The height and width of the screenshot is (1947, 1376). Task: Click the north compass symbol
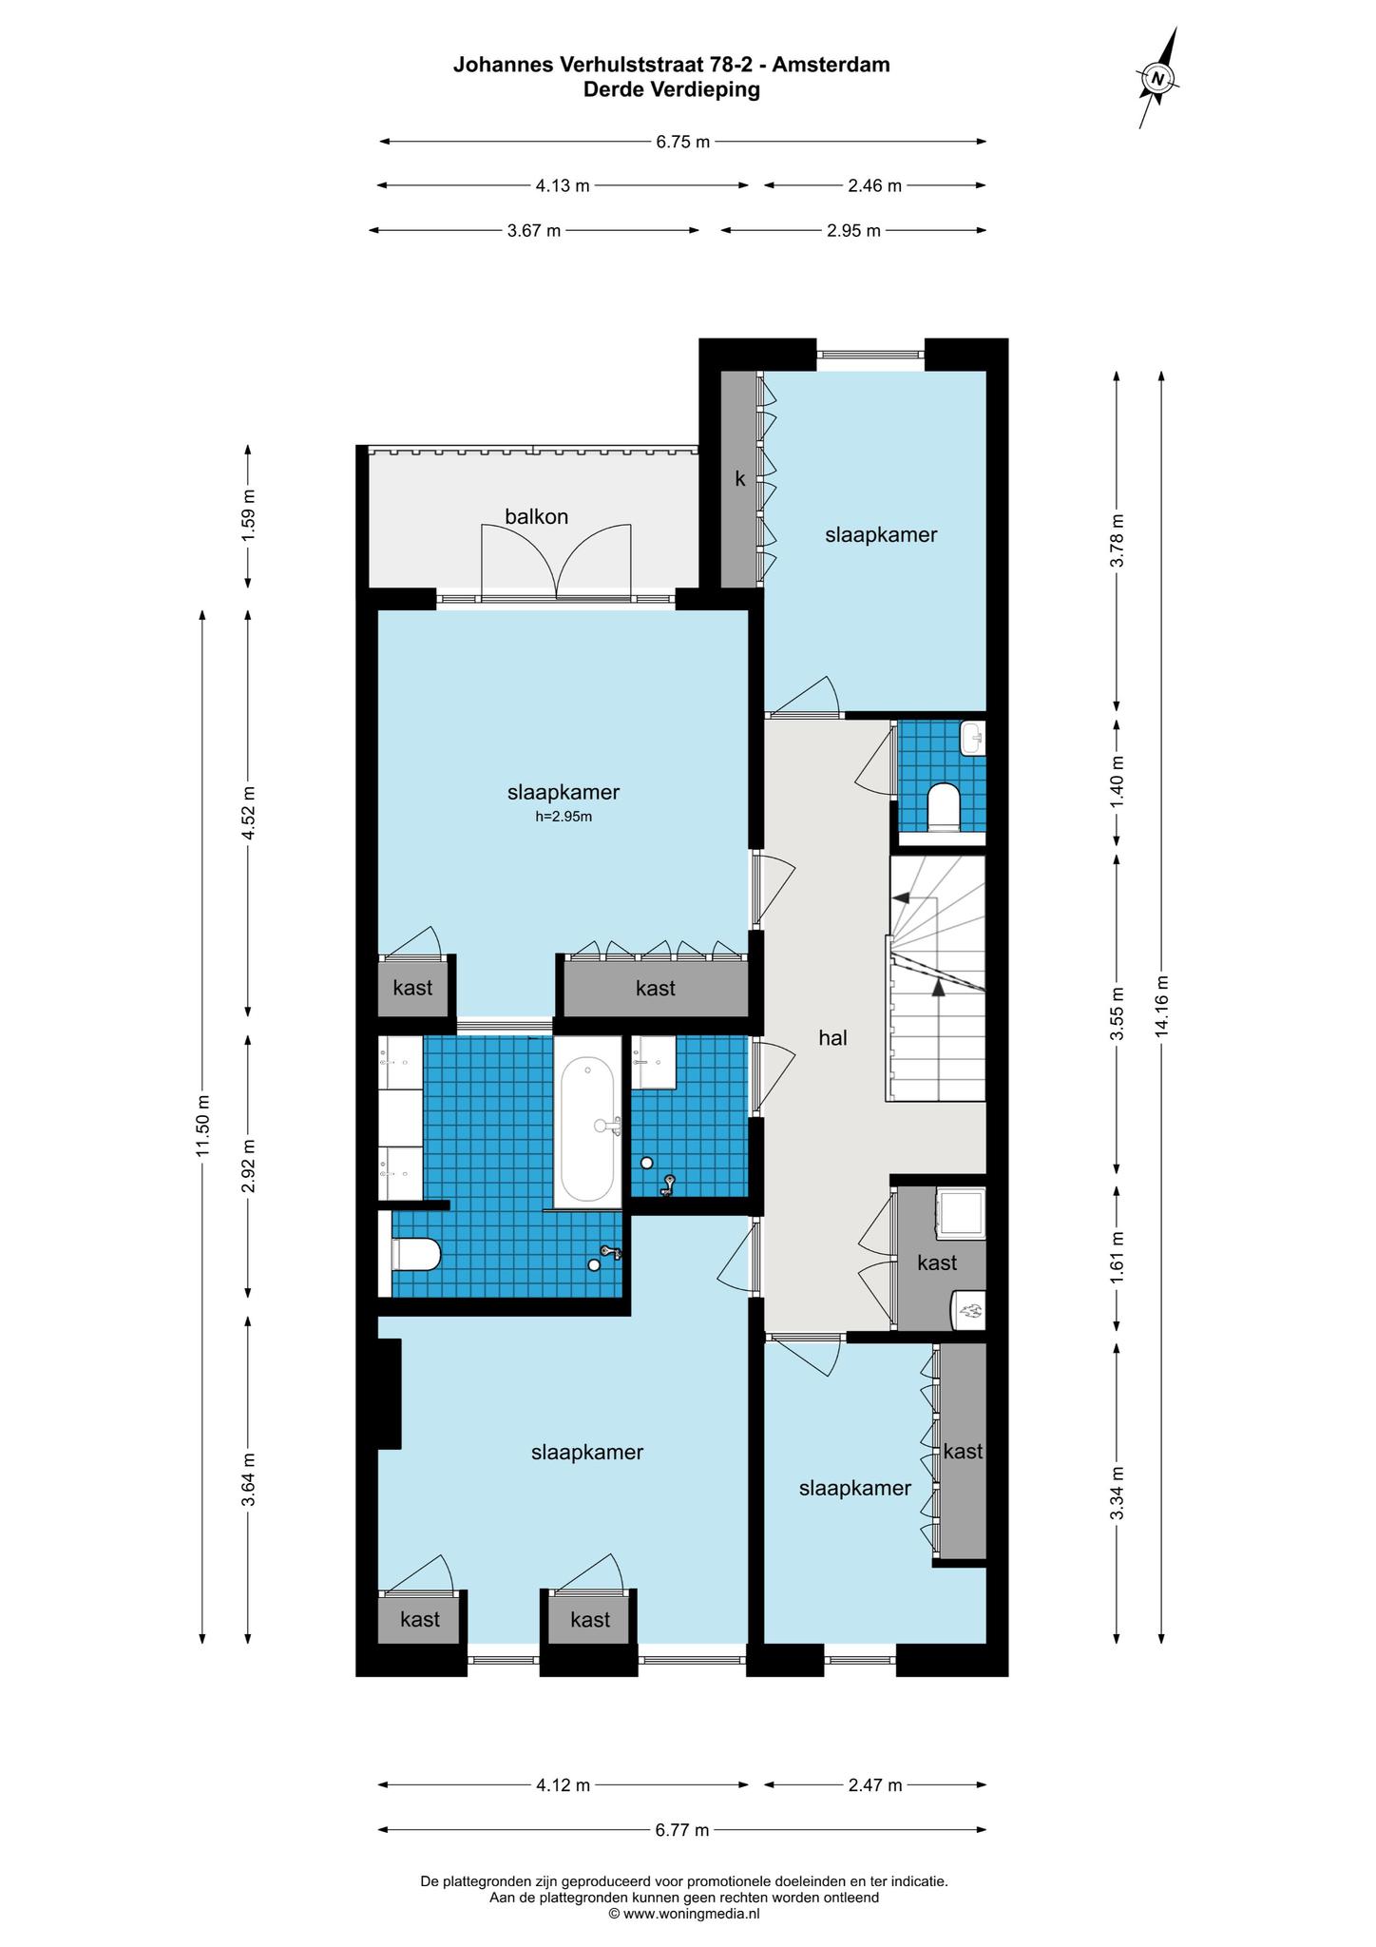point(1158,78)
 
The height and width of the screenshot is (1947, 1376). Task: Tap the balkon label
point(537,517)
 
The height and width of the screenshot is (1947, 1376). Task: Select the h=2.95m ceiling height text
point(564,816)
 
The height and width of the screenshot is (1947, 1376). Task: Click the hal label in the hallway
point(832,1038)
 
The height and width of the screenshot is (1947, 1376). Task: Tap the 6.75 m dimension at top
point(683,143)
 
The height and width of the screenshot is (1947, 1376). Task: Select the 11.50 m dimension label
point(202,1127)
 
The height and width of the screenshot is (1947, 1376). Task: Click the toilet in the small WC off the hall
point(943,806)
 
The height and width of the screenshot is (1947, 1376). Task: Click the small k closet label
point(740,480)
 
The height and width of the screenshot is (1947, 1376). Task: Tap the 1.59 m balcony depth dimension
point(249,515)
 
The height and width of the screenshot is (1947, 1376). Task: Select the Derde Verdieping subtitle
point(672,90)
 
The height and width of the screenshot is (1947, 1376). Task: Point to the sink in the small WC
point(973,738)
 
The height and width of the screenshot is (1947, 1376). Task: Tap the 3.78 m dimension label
point(1118,541)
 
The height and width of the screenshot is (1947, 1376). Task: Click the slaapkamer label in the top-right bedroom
point(881,535)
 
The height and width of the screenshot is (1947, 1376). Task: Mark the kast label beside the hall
point(937,1263)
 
